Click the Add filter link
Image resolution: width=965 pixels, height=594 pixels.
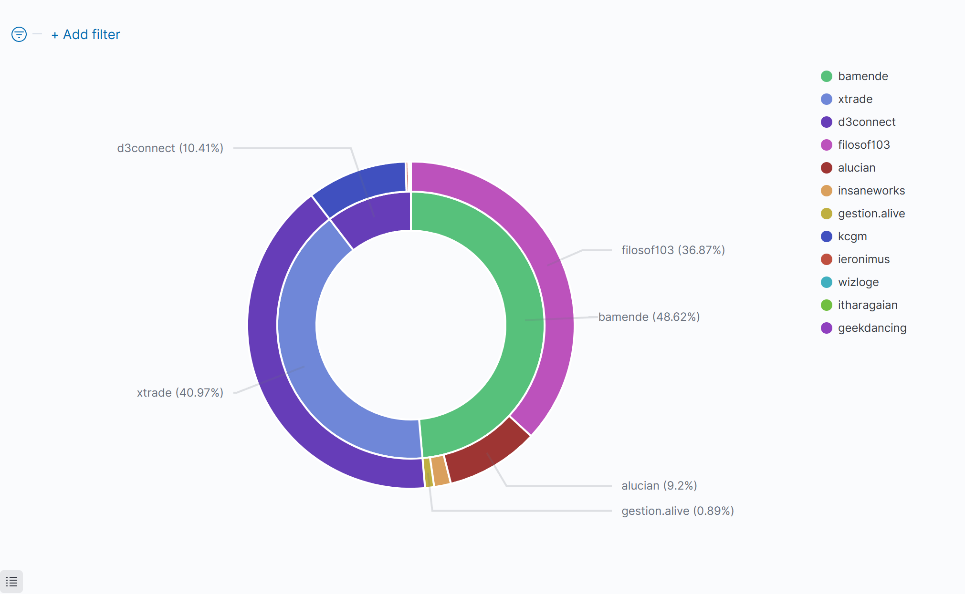click(x=86, y=35)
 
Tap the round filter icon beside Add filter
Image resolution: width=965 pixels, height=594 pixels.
click(x=19, y=34)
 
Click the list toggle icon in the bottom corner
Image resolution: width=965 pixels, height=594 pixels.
click(x=11, y=582)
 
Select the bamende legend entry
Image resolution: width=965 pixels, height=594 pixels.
click(x=862, y=76)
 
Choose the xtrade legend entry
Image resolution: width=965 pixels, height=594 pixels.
click(x=855, y=99)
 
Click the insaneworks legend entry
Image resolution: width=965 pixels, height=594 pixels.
click(x=871, y=191)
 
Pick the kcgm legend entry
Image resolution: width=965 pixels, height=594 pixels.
click(x=852, y=236)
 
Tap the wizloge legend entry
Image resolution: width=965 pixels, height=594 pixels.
click(x=858, y=282)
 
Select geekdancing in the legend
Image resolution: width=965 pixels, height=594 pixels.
click(x=872, y=328)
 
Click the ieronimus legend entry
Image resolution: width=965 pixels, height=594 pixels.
click(x=863, y=259)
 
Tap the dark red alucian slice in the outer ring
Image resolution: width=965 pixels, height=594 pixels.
click(x=487, y=458)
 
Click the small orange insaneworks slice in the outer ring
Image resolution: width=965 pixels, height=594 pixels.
click(x=440, y=471)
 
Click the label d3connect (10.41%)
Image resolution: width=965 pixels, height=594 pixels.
click(x=170, y=148)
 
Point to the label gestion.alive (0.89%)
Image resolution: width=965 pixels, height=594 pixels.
click(x=677, y=511)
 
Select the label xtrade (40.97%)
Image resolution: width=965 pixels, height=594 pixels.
click(x=180, y=393)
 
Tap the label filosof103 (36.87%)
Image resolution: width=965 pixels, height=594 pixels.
click(x=673, y=250)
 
